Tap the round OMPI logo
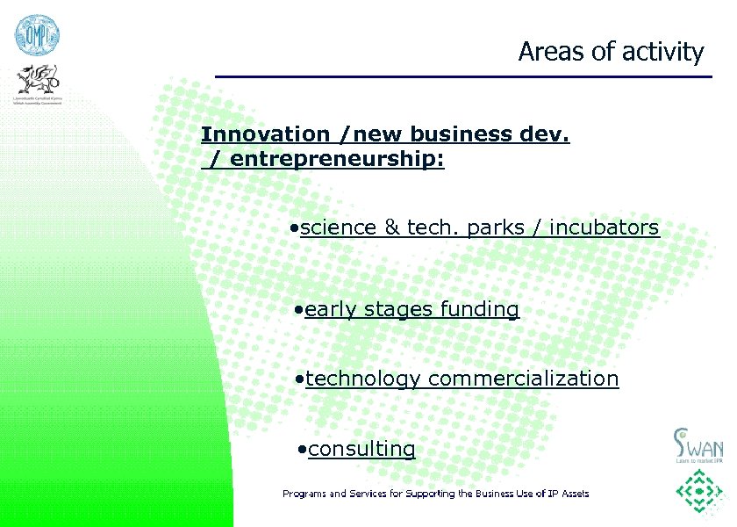[36, 35]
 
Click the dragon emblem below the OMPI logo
[38, 84]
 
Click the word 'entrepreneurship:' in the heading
[338, 160]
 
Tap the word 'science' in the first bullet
[339, 228]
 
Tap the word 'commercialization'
[524, 379]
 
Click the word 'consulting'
[361, 449]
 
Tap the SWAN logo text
[699, 444]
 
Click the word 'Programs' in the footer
[303, 494]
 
